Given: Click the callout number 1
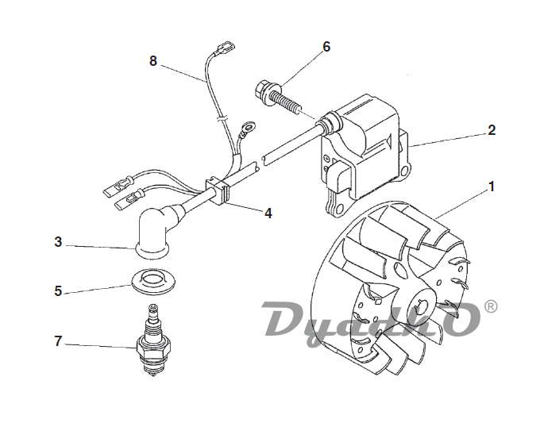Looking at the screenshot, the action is [x=492, y=187].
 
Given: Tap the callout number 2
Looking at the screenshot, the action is [x=492, y=130].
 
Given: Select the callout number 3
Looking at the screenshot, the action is [x=58, y=242].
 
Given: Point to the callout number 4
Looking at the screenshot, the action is [x=268, y=213].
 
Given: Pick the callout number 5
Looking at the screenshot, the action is [x=58, y=291].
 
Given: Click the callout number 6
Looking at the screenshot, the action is [x=326, y=47].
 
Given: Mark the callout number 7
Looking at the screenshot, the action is [x=58, y=341].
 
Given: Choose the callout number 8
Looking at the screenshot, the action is [x=153, y=61].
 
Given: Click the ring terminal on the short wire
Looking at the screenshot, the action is [x=249, y=126].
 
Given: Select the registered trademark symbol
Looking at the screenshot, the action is [x=491, y=306].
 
